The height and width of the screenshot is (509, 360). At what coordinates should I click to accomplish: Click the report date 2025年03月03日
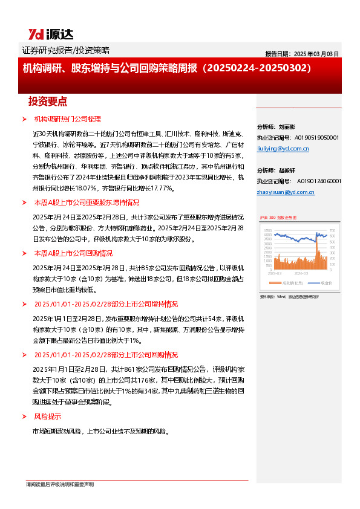[303, 53]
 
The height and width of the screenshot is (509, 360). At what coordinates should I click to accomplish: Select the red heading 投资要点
[48, 101]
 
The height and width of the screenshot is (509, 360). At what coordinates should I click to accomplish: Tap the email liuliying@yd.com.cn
[283, 148]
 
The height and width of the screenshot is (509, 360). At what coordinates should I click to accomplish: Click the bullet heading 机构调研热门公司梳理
[67, 119]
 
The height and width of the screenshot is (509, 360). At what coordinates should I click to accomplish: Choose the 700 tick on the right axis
[332, 229]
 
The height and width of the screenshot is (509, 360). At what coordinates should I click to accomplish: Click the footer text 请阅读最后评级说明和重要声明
[60, 485]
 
